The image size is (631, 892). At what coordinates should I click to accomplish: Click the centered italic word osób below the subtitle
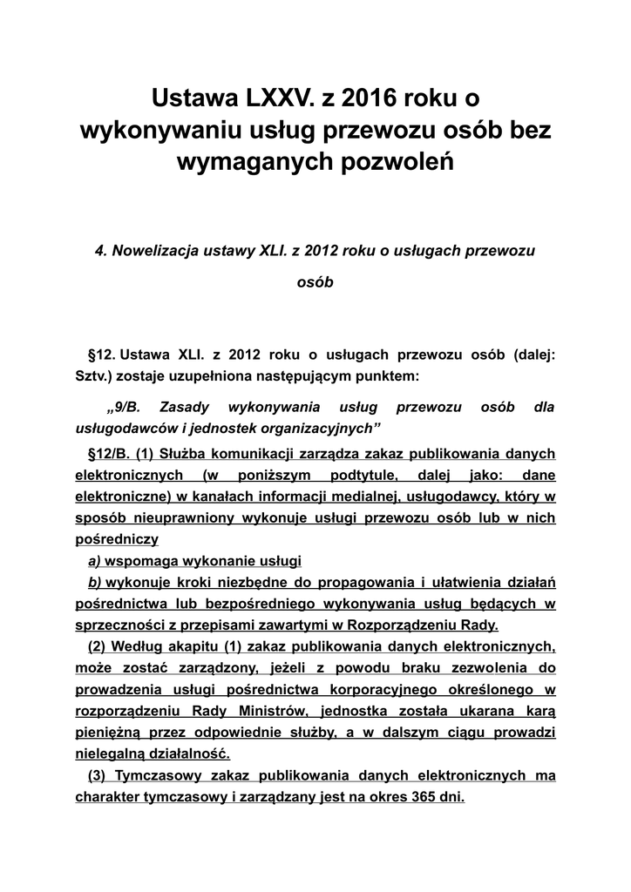pos(315,283)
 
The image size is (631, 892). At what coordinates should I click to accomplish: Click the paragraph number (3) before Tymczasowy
pos(99,775)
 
